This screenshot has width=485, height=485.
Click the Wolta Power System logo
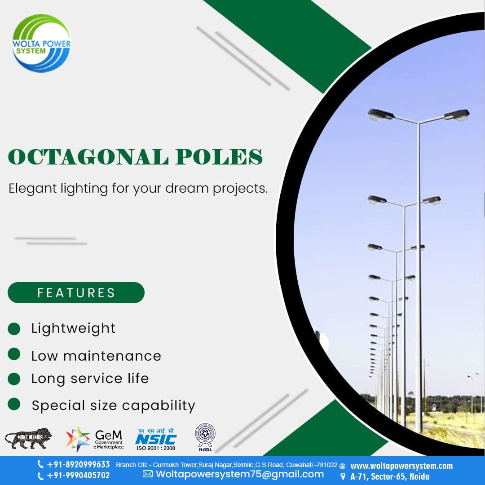(x=41, y=43)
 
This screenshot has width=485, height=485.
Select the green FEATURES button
(x=76, y=293)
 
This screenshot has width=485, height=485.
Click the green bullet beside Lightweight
(x=14, y=328)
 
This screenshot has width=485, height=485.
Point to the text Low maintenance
(x=96, y=356)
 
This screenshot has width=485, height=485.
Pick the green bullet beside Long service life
(x=14, y=379)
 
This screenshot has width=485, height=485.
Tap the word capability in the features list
(x=159, y=406)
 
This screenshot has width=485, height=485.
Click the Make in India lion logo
(x=28, y=439)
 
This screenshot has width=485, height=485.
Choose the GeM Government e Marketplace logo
(x=95, y=439)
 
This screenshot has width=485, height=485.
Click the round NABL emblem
(x=205, y=436)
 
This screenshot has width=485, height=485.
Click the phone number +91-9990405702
(x=78, y=476)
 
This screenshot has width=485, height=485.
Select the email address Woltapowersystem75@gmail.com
(x=239, y=474)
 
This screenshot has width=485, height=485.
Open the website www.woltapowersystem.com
(x=401, y=466)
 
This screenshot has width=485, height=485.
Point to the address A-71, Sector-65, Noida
(x=390, y=476)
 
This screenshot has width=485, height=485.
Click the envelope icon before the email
(x=148, y=474)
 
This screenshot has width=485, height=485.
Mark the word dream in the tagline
(x=186, y=188)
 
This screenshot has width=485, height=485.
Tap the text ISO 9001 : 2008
(x=156, y=448)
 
